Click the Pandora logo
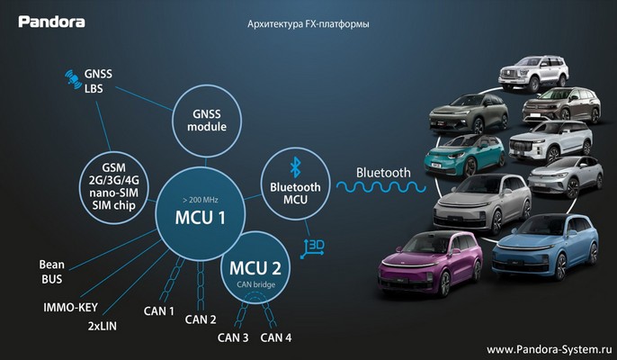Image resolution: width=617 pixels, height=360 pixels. click(x=51, y=22)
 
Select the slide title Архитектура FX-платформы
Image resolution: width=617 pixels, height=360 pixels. click(x=308, y=24)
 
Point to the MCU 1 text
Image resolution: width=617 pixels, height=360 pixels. click(x=201, y=218)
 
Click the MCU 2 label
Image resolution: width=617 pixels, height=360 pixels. click(x=255, y=268)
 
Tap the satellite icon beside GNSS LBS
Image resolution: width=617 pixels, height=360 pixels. click(x=73, y=77)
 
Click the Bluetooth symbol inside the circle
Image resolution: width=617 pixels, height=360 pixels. click(x=295, y=167)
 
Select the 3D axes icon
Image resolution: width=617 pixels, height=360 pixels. click(x=312, y=248)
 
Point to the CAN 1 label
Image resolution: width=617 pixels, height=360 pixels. click(x=159, y=311)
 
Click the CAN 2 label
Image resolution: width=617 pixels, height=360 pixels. click(x=201, y=319)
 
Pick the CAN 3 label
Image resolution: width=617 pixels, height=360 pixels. click(x=233, y=337)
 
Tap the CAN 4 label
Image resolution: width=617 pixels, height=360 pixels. click(x=276, y=337)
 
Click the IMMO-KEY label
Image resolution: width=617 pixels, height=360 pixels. click(x=70, y=307)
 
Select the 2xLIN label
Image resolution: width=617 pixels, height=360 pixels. click(x=103, y=326)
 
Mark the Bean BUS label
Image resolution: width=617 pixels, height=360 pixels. click(x=52, y=272)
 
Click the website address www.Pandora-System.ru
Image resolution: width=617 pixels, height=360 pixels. click(x=550, y=349)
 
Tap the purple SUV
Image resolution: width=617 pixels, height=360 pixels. click(x=430, y=263)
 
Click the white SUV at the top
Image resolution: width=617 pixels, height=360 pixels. click(x=533, y=73)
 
